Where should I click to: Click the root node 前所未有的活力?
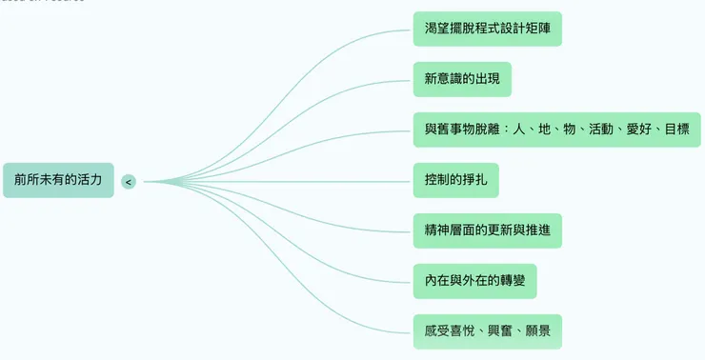58,180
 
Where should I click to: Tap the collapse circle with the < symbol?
129,181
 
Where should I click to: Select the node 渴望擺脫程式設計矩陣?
487,29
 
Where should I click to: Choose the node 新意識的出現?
462,79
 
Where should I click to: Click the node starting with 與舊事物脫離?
556,130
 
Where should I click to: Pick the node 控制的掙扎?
455,180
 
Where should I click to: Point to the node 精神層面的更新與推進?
487,230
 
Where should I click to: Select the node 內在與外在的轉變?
474,281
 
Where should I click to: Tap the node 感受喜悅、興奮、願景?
487,331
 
